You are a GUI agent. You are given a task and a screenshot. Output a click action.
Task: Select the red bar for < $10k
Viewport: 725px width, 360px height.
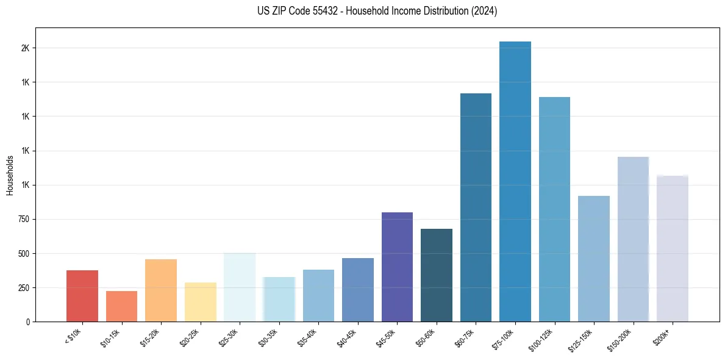82,296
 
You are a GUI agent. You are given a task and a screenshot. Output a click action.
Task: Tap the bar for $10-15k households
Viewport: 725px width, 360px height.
121,306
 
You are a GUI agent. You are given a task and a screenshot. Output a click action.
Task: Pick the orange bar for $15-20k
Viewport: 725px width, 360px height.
161,290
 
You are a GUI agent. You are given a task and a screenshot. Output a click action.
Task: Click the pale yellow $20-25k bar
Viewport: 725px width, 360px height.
200,302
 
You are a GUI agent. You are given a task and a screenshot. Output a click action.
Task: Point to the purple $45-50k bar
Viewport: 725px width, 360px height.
397,267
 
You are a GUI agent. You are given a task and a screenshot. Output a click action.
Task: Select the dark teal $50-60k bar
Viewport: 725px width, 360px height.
437,275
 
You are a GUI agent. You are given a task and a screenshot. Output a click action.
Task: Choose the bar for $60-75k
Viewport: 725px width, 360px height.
476,207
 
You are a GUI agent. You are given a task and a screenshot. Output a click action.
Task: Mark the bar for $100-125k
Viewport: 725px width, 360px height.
554,209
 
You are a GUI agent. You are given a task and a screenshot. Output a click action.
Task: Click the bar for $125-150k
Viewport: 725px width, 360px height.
594,259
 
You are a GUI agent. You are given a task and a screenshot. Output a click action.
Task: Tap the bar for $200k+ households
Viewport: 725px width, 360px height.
673,248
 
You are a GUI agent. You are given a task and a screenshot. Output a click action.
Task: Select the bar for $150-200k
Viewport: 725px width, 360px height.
633,239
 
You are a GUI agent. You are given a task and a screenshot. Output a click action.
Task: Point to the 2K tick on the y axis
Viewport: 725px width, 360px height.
25,48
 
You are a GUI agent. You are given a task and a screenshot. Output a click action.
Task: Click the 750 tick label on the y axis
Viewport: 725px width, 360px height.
23,219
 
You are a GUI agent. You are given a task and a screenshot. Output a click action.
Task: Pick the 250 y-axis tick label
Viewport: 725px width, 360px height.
23,287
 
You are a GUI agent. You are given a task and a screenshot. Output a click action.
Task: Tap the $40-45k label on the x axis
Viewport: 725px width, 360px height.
346,336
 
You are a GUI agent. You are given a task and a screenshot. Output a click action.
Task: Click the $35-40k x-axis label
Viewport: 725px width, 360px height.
307,336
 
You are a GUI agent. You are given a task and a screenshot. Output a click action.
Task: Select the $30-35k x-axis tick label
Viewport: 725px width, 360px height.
268,336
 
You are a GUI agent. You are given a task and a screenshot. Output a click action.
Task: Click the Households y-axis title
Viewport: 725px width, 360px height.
10,175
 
